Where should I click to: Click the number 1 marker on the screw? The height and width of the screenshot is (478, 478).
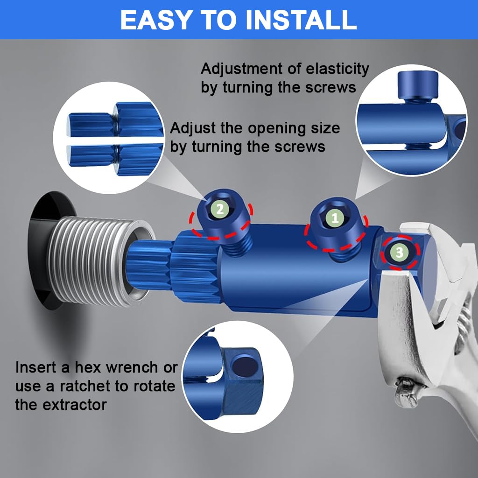pyautogui.click(x=335, y=217)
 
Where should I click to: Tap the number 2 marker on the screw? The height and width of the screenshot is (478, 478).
pyautogui.click(x=220, y=209)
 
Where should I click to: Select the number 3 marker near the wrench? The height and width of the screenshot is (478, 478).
pyautogui.click(x=400, y=252)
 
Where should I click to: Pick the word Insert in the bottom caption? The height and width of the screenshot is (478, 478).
pyautogui.click(x=36, y=367)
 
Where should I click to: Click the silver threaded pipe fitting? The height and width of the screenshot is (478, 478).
pyautogui.click(x=93, y=261)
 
